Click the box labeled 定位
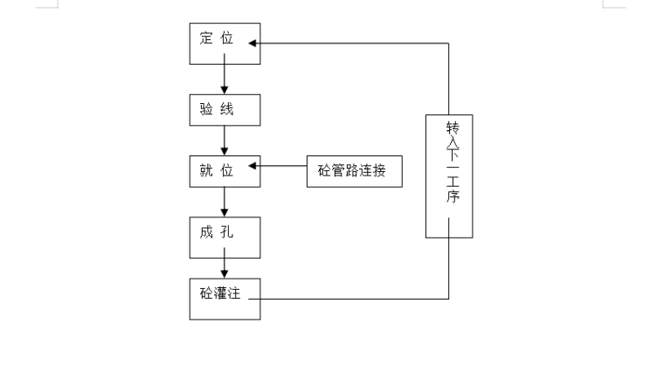coord(225,44)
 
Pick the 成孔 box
coord(225,236)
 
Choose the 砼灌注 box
coord(225,298)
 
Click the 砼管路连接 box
coord(354,169)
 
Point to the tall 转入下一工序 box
coord(449,176)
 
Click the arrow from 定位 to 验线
coord(225,78)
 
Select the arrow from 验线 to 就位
coord(225,140)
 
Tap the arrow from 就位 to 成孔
coord(225,203)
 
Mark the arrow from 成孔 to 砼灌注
coord(225,265)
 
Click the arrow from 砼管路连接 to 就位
coord(280,166)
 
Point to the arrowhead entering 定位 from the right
coord(253,42)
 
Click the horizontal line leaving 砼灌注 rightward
coord(349,299)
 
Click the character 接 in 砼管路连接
coord(381,169)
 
